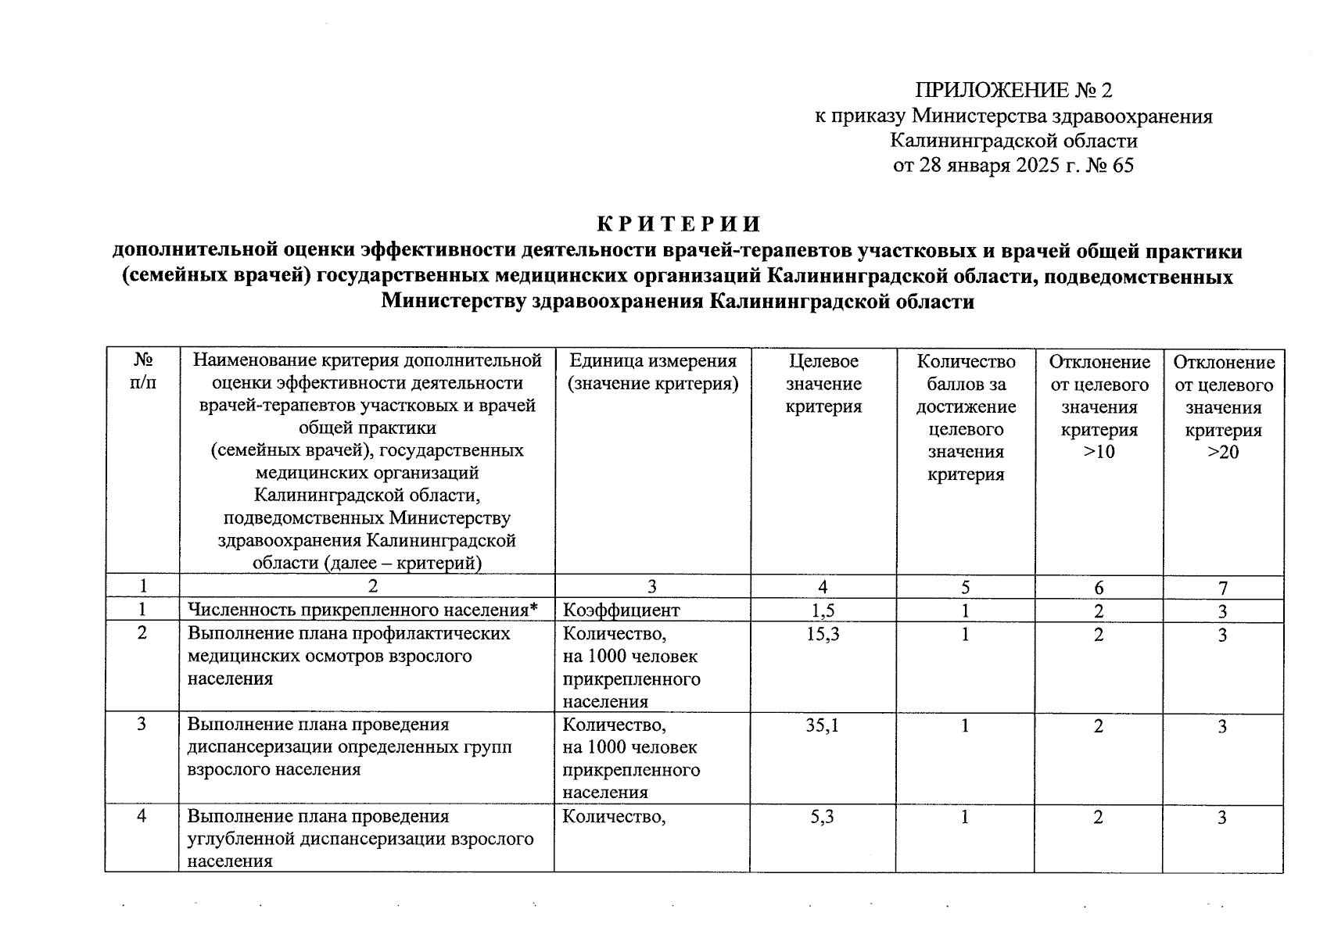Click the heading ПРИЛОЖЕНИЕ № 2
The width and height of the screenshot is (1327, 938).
pos(1013,91)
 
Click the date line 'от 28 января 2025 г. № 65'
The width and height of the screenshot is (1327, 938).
pos(1013,166)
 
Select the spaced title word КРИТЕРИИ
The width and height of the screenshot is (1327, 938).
pos(679,224)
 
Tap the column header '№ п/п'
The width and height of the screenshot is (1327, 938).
pos(142,371)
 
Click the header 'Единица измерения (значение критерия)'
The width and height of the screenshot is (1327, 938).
pos(653,372)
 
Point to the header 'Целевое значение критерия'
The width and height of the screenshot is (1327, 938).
pos(823,383)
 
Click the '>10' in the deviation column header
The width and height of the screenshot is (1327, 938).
pos(1099,452)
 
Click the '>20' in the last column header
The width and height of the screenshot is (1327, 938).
pos(1223,452)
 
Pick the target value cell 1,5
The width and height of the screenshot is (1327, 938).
pos(823,610)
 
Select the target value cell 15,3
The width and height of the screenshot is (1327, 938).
pos(823,634)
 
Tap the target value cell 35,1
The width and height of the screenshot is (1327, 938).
pos(823,725)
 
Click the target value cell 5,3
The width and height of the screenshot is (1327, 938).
pos(823,817)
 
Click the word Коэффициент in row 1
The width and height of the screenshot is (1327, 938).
pos(622,610)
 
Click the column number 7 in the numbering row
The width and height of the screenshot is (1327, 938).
pos(1223,588)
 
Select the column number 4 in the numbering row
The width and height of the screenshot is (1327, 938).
pos(823,587)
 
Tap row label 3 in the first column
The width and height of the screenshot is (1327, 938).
pos(142,725)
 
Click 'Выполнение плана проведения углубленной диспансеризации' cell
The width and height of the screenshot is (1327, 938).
pos(360,839)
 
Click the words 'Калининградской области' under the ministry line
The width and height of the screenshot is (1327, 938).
pos(1013,141)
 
